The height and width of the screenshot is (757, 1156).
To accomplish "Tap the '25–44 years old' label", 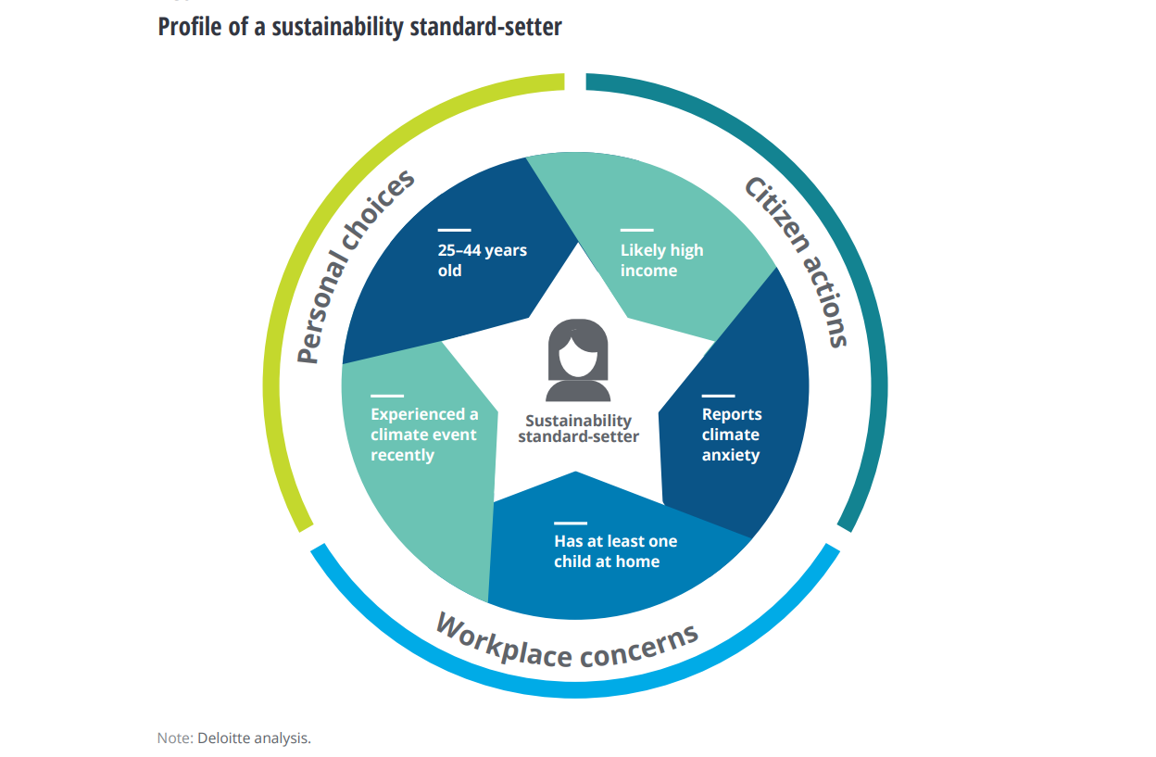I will (x=482, y=260).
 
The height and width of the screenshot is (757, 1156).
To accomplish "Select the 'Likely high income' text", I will (x=661, y=260).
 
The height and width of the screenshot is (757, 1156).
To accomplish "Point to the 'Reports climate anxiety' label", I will (x=731, y=435).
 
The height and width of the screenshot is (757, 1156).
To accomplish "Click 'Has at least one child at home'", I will (x=615, y=551).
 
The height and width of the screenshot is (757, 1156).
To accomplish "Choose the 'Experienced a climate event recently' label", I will (x=424, y=435).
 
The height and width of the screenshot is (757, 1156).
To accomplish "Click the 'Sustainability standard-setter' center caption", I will (x=578, y=429).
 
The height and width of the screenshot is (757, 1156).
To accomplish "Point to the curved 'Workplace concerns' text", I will (x=567, y=642).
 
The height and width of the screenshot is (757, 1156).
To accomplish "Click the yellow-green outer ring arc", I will (x=306, y=232).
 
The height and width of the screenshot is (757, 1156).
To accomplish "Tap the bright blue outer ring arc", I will (x=574, y=691).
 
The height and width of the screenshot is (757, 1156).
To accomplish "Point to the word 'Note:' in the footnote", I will (x=175, y=738).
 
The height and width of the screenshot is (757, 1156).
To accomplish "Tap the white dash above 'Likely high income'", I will (x=636, y=230).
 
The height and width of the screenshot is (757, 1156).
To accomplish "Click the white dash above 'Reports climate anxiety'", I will (x=718, y=396).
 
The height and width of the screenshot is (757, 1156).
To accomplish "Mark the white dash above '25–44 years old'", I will (x=454, y=230).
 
